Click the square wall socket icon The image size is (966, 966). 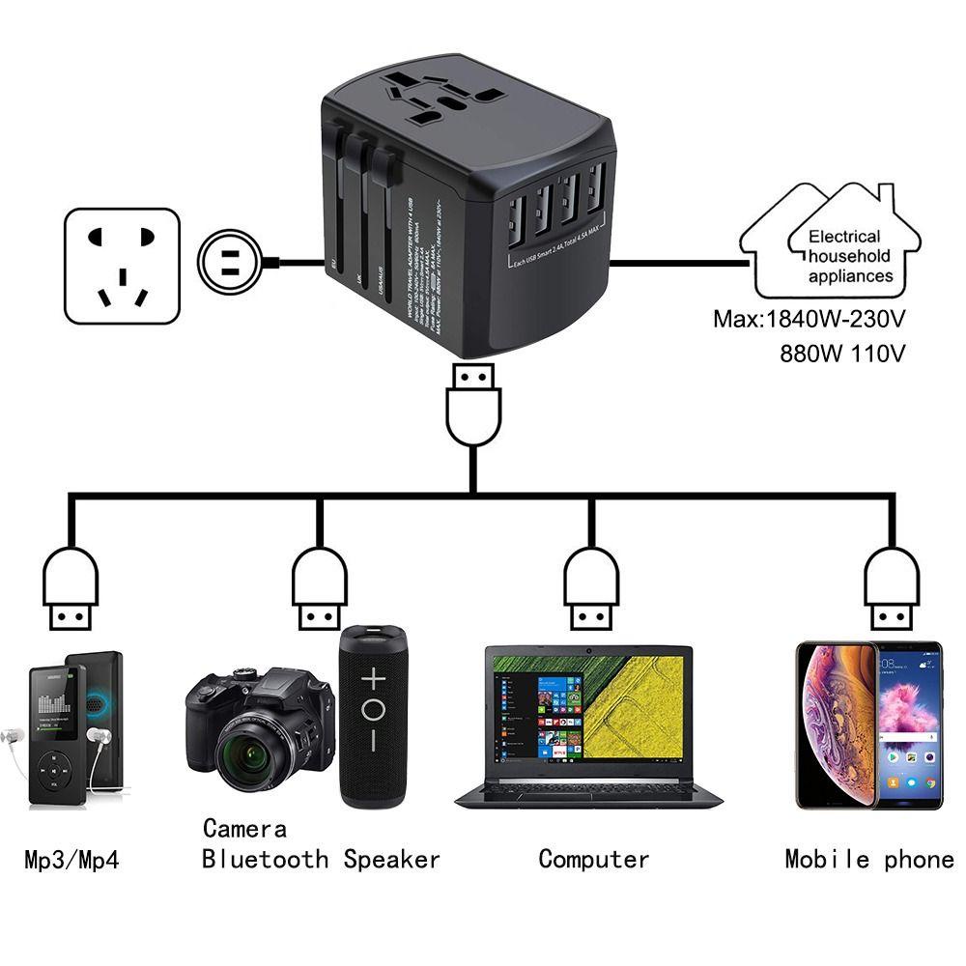(x=122, y=266)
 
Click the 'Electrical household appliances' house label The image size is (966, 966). (x=843, y=255)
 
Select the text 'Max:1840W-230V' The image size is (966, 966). (x=810, y=318)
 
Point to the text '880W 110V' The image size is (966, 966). (x=842, y=353)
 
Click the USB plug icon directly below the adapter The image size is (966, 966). (x=473, y=407)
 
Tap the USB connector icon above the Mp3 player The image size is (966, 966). (x=70, y=587)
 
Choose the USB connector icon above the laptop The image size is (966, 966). (x=591, y=587)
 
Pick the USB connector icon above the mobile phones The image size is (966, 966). (x=892, y=587)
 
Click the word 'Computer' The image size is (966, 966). (x=593, y=859)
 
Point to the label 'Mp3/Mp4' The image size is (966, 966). (x=71, y=859)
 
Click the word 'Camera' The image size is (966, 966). (x=244, y=828)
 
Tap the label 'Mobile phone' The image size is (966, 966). (x=868, y=859)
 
